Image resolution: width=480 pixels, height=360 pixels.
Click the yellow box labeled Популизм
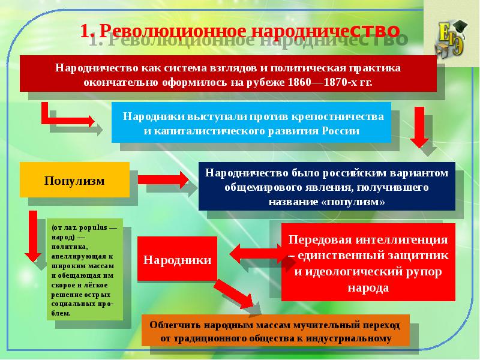coord(74,180)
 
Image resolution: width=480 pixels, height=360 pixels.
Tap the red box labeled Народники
coord(177,260)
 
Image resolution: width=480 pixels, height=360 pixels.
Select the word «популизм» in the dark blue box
coord(354,202)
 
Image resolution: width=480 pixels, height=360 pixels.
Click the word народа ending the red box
coord(368,287)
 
